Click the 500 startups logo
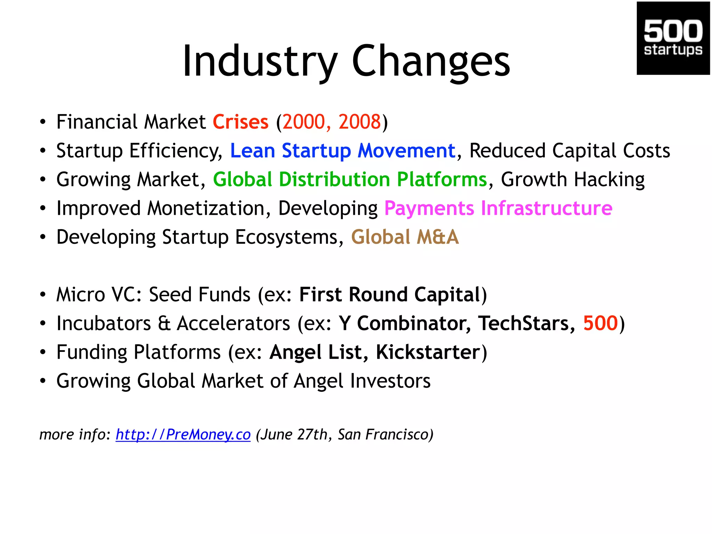[673, 38]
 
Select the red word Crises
[241, 122]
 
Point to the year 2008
[359, 122]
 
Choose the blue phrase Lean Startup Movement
[342, 151]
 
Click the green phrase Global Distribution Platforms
[350, 180]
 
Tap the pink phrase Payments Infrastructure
[498, 209]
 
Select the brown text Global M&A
[405, 237]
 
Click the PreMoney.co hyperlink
[183, 435]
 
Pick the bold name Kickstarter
[428, 352]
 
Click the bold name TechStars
[523, 323]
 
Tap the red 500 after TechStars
[600, 323]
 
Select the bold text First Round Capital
[390, 295]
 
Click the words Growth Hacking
[573, 180]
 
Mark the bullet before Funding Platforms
[43, 353]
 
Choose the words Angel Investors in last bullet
[362, 381]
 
